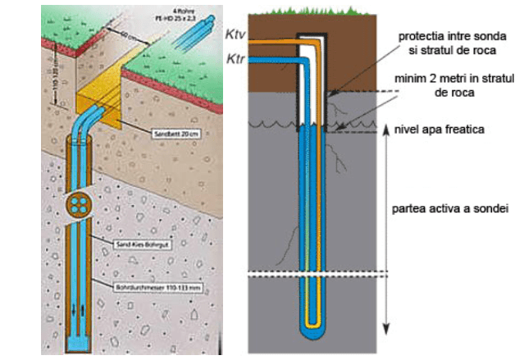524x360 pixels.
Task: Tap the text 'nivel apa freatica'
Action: point(440,130)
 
